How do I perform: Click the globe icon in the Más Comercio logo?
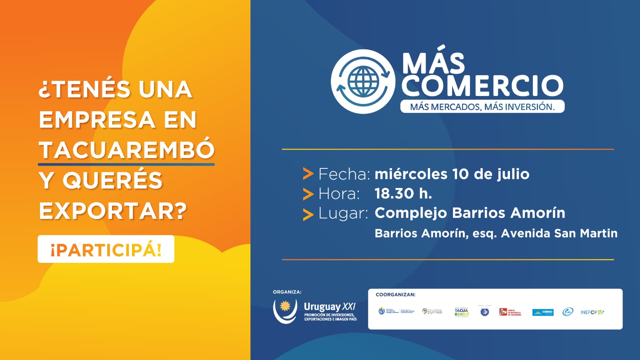[x=363, y=81]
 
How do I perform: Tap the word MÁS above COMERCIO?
[x=434, y=63]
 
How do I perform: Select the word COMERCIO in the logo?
[x=482, y=85]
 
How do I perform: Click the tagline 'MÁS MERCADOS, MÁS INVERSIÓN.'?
[x=482, y=107]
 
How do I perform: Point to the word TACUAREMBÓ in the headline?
[x=127, y=150]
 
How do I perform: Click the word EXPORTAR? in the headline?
[x=113, y=211]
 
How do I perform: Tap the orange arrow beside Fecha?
[x=308, y=174]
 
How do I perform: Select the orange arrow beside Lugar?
[x=308, y=214]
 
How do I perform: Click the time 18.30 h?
[x=403, y=194]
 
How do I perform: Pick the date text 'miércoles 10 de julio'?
[x=452, y=174]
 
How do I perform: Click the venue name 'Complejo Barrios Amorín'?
[x=470, y=213]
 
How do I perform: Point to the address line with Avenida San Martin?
[x=496, y=233]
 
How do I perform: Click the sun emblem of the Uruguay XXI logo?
[x=285, y=306]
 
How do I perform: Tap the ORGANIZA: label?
[x=287, y=292]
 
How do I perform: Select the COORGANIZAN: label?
[x=395, y=295]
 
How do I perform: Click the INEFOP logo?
[x=592, y=312]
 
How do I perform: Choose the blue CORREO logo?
[x=543, y=312]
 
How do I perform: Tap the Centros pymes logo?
[x=432, y=312]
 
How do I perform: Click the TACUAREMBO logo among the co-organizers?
[x=461, y=312]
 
